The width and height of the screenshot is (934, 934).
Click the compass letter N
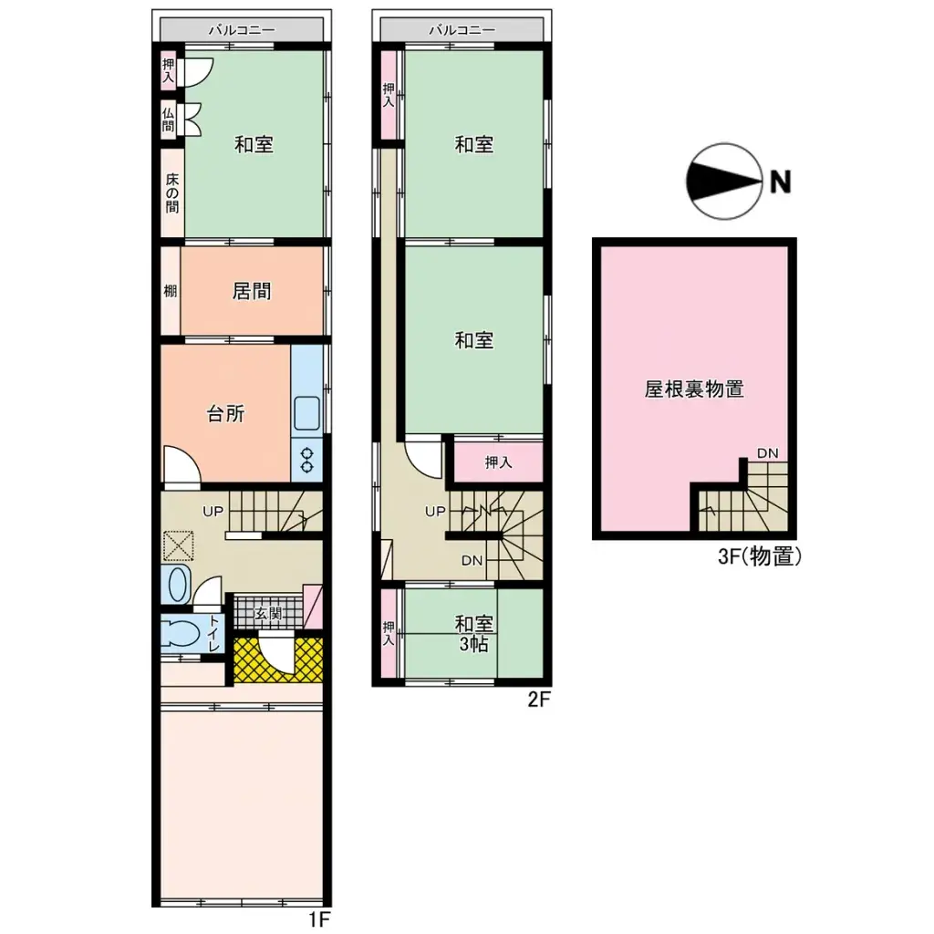[780, 182]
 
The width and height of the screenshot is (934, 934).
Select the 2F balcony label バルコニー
[462, 29]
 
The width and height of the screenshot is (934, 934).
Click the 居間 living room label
[253, 292]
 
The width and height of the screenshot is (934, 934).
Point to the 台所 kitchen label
[225, 413]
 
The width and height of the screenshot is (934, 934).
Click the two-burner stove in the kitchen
[307, 460]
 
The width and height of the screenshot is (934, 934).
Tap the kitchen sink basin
[307, 416]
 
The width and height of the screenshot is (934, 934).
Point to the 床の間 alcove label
[171, 192]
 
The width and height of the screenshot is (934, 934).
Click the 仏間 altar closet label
[169, 119]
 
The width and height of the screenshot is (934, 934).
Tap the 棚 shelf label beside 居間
[171, 292]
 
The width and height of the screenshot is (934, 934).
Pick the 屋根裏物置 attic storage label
[694, 389]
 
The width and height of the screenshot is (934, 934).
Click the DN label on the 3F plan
[767, 453]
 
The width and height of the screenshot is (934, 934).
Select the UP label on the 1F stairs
[213, 511]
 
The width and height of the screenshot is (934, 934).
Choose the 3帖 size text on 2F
[474, 644]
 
